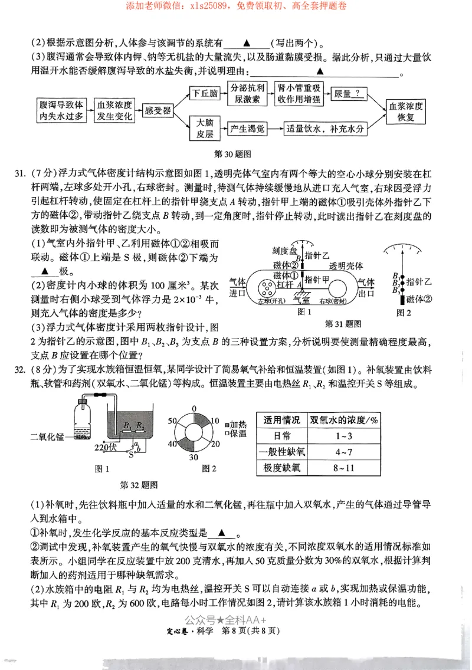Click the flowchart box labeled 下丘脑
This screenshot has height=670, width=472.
tap(205, 94)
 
